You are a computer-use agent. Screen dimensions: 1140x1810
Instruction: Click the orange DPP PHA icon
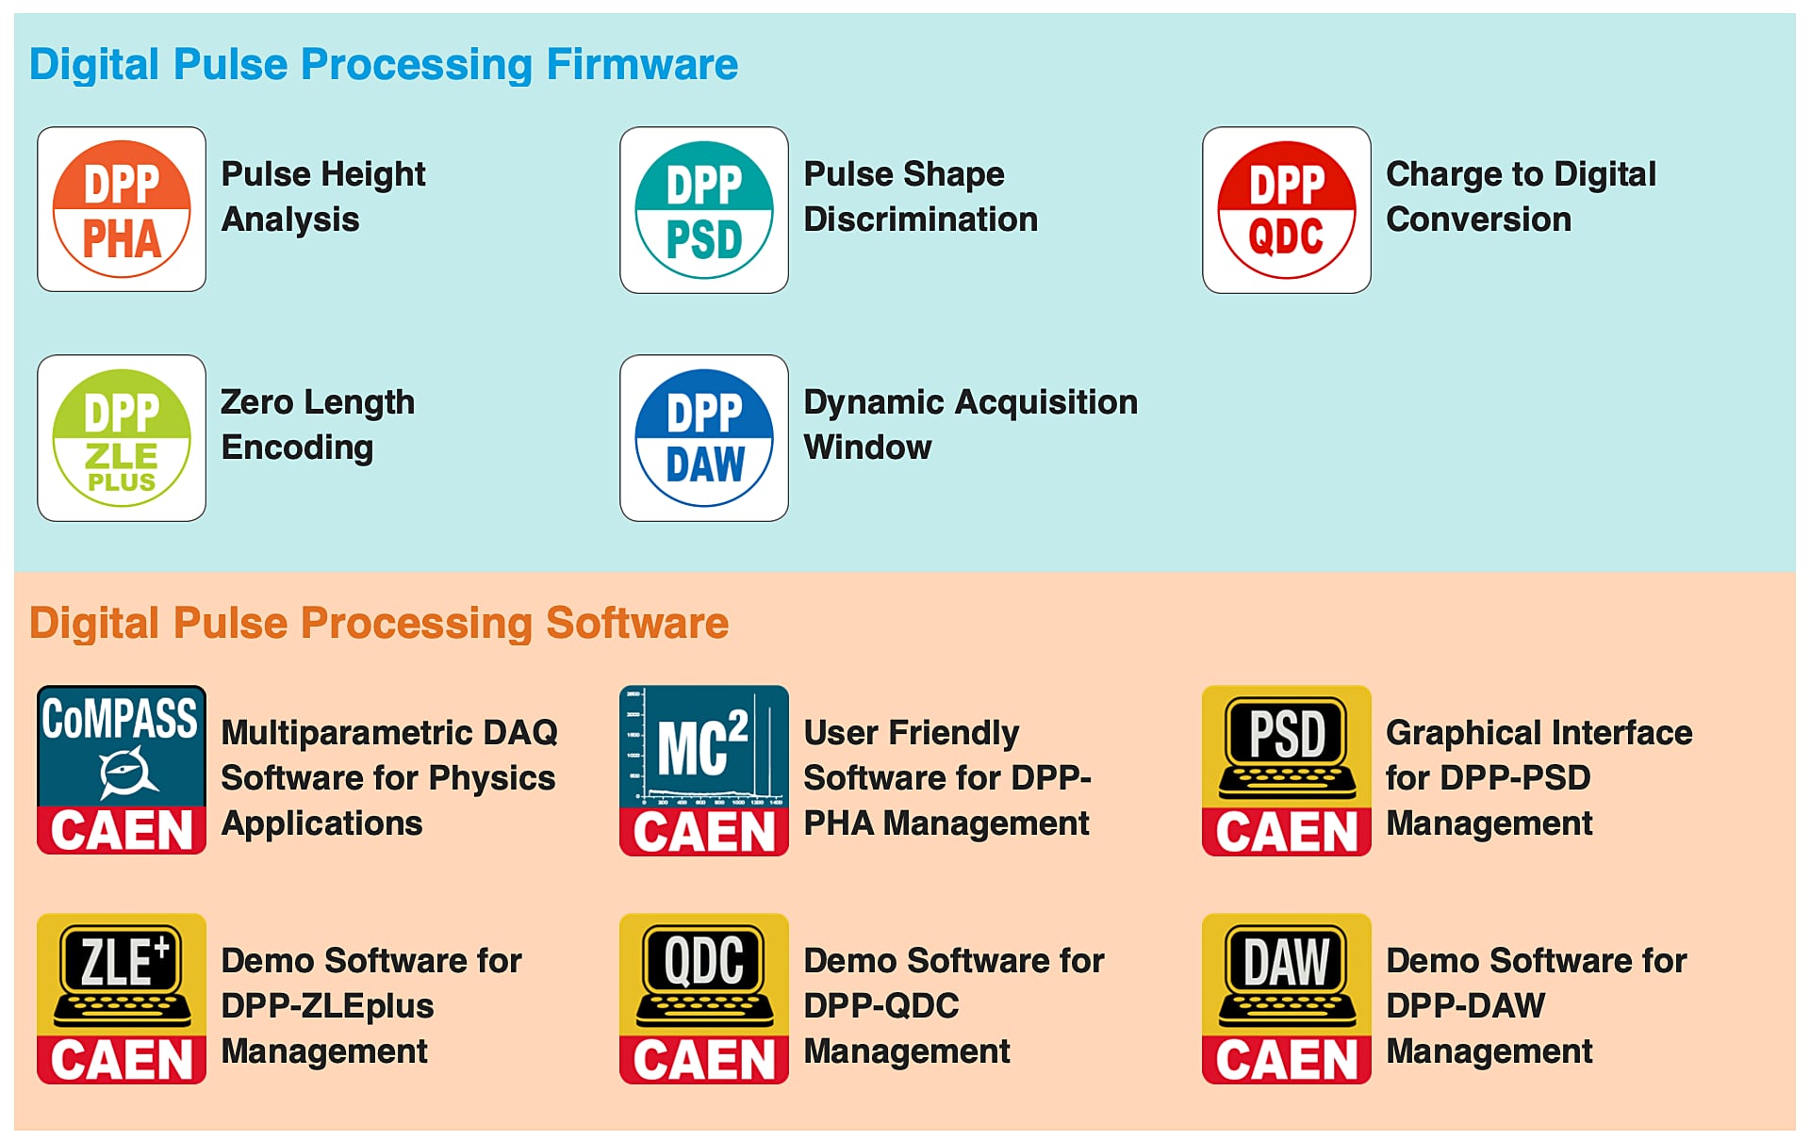(122, 209)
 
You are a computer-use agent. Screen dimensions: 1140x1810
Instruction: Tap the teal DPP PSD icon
(704, 209)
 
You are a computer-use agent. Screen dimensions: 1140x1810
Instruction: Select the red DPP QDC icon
(1287, 209)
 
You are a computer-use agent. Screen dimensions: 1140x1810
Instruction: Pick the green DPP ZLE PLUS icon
(122, 438)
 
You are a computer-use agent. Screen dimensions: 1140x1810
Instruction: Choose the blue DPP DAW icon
(704, 438)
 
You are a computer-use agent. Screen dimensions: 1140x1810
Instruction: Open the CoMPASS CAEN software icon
(122, 770)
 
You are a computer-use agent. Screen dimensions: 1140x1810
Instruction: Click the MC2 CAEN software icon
(704, 770)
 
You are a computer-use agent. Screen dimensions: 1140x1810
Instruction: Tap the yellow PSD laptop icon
(1287, 770)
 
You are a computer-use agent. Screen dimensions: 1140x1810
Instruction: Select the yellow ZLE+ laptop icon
(122, 998)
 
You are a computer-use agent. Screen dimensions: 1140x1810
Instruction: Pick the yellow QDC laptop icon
(704, 998)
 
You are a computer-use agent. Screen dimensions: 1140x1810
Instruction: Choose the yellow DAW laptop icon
(1287, 998)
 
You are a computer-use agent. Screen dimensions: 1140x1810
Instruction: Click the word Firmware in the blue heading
(642, 64)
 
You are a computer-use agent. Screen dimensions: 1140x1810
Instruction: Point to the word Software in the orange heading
(637, 623)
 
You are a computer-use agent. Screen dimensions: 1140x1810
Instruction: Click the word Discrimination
(920, 220)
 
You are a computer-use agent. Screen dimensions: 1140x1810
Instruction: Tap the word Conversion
(1478, 220)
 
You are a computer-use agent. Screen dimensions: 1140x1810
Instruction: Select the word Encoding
(297, 448)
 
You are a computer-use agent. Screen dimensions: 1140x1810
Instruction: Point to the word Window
(867, 448)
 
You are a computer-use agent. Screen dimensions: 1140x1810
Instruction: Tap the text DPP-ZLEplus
(327, 1006)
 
